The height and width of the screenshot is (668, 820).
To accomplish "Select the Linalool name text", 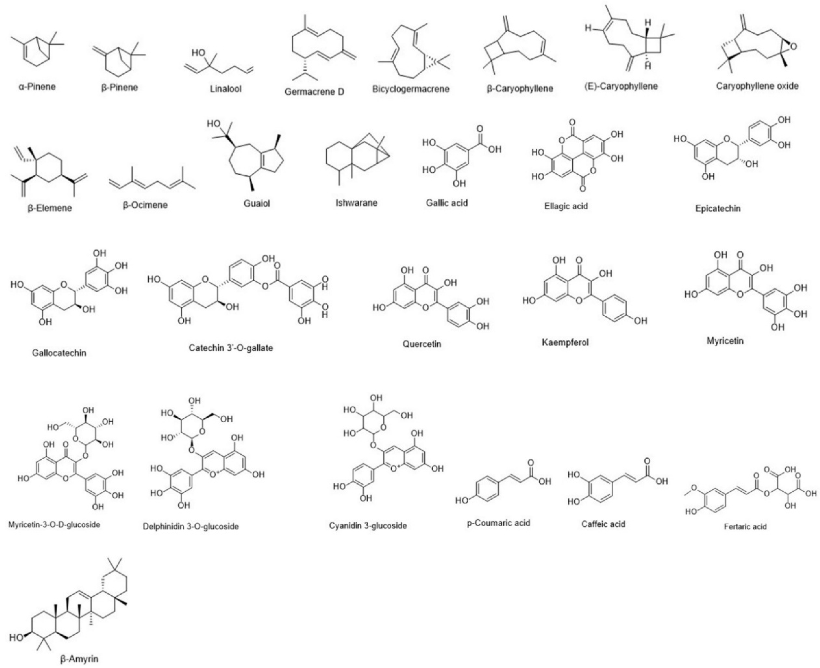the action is (x=226, y=89).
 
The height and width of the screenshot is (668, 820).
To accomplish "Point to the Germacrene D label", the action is (x=314, y=91).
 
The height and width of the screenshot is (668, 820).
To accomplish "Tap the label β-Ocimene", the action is (x=145, y=205).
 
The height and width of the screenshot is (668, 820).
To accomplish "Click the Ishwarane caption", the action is (x=356, y=202).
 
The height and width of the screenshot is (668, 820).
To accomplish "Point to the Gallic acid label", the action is (x=446, y=202).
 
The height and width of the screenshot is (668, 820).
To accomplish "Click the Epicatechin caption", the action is (x=718, y=208).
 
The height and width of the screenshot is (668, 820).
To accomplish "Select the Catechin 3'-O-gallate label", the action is (x=231, y=348).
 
